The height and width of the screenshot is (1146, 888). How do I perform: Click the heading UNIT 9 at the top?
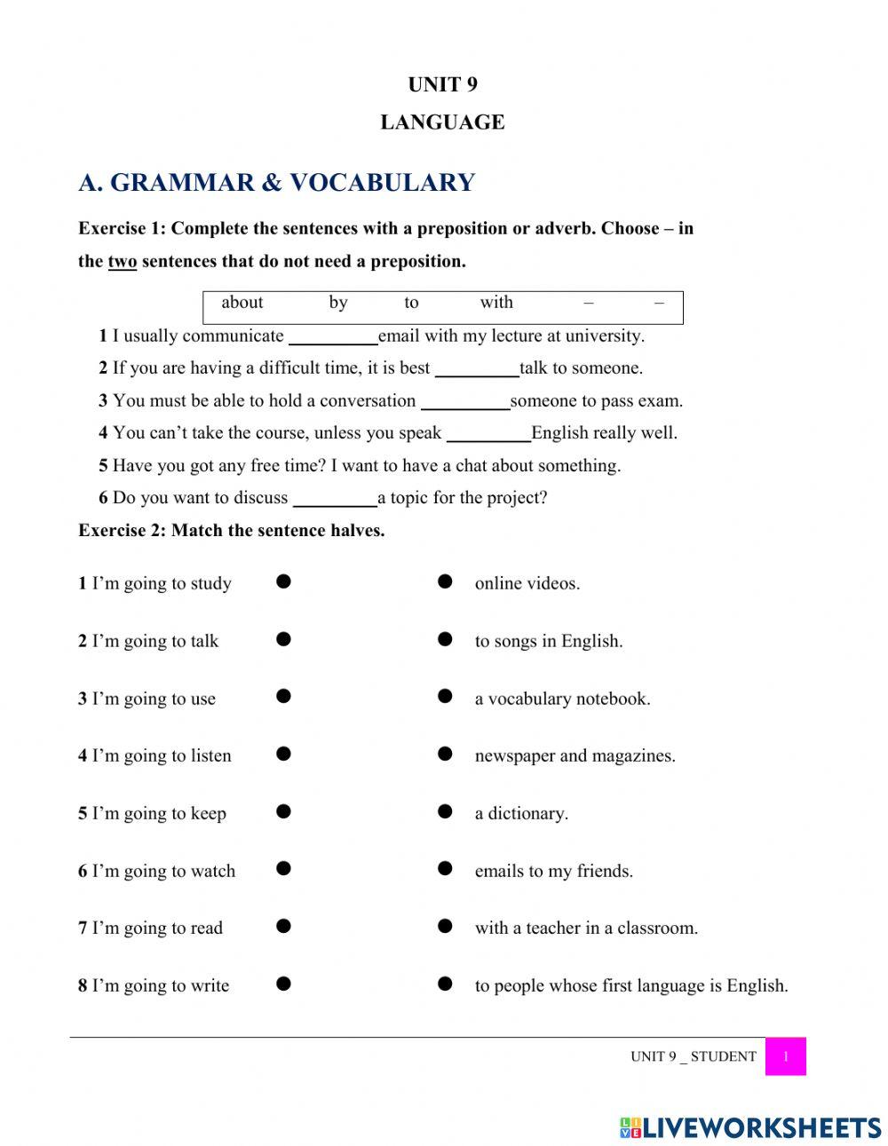442,84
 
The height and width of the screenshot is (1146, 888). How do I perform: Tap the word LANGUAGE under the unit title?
442,123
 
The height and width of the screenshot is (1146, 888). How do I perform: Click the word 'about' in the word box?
242,303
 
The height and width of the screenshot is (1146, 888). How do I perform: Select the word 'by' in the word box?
338,303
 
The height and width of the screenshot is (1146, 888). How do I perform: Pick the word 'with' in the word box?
496,303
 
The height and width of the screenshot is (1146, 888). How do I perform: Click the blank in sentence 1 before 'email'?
333,337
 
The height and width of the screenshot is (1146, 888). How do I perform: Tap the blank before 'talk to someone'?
477,369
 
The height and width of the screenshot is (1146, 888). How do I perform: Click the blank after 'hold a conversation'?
465,402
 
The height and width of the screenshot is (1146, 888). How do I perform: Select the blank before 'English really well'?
488,434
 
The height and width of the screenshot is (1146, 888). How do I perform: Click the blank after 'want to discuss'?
335,499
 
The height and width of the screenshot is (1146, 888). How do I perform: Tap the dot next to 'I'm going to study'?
283,582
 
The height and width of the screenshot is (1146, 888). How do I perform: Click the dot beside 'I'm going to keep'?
283,811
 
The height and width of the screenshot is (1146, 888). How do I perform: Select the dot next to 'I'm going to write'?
283,984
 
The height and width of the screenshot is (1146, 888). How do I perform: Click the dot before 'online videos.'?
446,582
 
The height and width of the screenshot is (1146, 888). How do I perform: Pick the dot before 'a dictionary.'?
446,811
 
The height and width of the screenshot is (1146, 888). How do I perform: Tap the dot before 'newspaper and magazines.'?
446,755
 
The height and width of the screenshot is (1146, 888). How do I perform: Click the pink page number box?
785,1056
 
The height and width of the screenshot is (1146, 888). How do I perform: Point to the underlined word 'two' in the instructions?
123,262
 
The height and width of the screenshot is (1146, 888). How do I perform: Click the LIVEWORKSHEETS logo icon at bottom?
630,1127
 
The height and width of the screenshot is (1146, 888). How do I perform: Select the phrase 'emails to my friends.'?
553,871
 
